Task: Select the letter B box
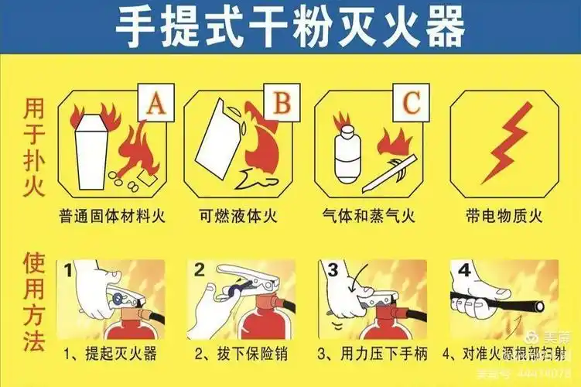284,102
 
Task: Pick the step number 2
200,270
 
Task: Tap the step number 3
333,271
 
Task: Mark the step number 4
463,272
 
